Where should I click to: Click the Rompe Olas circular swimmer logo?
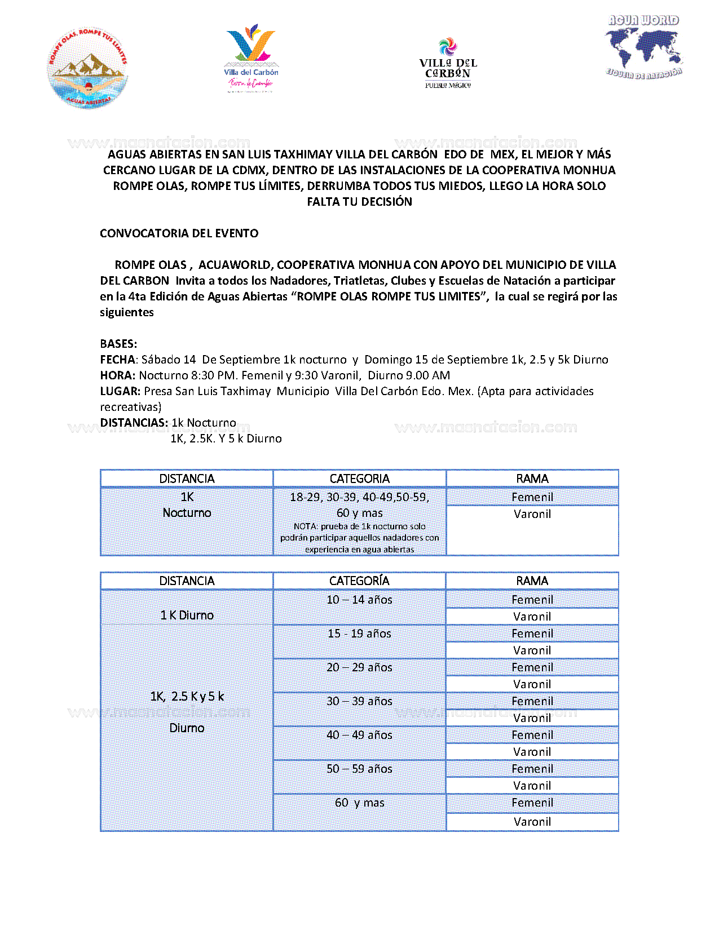[87, 68]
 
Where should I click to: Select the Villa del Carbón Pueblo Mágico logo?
[448, 63]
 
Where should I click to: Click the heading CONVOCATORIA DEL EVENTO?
[179, 233]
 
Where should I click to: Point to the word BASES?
[118, 344]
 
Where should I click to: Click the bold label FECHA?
[117, 360]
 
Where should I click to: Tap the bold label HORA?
[117, 375]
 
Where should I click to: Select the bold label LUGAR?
[120, 391]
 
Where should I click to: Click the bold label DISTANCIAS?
[134, 423]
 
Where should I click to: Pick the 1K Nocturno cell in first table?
[187, 505]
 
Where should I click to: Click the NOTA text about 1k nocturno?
[359, 538]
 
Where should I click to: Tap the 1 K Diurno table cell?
[187, 615]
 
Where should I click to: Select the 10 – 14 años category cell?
[359, 600]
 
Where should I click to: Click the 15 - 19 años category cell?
[359, 634]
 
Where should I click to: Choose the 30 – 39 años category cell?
[359, 701]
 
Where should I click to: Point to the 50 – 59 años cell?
[359, 769]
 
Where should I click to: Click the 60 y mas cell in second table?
[359, 803]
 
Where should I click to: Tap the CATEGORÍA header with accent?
[359, 581]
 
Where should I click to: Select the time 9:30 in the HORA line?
[306, 375]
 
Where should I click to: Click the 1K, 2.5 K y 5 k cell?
[187, 697]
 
